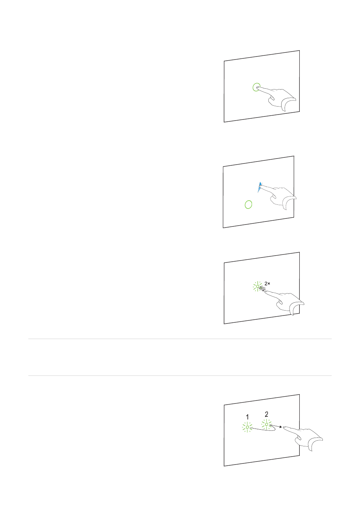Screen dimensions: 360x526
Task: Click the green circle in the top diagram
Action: [x=257, y=87]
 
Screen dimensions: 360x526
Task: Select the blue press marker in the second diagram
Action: [x=260, y=187]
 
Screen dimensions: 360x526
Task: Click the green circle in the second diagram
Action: [x=248, y=204]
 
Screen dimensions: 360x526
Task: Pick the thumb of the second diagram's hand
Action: [x=274, y=200]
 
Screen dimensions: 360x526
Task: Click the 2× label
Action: [x=267, y=283]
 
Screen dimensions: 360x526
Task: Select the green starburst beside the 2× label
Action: [x=258, y=286]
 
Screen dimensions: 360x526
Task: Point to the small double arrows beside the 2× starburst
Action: [x=262, y=289]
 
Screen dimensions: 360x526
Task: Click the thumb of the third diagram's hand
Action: [x=280, y=305]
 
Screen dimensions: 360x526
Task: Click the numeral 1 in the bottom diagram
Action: [x=247, y=417]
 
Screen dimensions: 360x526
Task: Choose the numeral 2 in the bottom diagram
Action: [x=266, y=414]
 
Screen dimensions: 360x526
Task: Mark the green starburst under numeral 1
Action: [x=247, y=427]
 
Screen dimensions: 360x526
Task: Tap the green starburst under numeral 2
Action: [x=267, y=424]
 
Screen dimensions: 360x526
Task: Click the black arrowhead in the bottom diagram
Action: [x=280, y=427]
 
